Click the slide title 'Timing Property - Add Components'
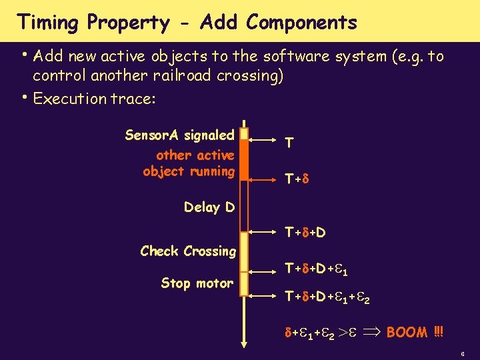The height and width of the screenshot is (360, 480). pyautogui.click(x=187, y=23)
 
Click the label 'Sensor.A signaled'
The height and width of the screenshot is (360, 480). pyautogui.click(x=179, y=135)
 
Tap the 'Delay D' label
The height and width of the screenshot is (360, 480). pyautogui.click(x=209, y=207)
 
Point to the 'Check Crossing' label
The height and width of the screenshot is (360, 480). pyautogui.click(x=188, y=251)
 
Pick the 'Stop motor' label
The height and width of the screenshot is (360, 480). pyautogui.click(x=197, y=283)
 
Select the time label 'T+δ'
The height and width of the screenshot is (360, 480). pyautogui.click(x=295, y=179)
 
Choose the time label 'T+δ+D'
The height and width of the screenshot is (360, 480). pyautogui.click(x=305, y=233)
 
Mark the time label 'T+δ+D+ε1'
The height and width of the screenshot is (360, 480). pyautogui.click(x=317, y=269)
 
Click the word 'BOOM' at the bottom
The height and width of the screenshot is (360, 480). pyautogui.click(x=407, y=331)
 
